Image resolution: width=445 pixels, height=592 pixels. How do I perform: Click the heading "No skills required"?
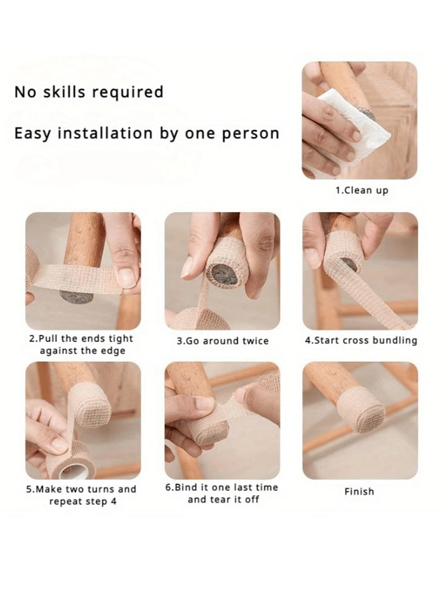coord(89,92)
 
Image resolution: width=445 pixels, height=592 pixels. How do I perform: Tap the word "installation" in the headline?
coord(105,133)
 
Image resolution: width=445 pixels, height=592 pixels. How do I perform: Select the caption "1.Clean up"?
coord(361,190)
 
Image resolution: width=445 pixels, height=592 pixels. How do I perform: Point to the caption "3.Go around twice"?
coord(222,341)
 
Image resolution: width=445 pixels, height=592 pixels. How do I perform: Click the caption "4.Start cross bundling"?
coord(361,341)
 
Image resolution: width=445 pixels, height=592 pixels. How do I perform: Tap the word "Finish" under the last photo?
coord(359,491)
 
